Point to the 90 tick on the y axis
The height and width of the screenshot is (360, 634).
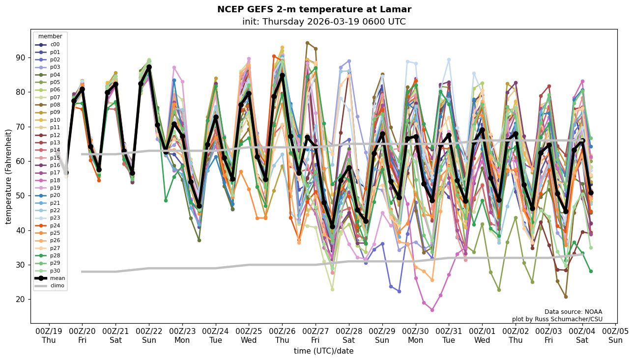[21, 57]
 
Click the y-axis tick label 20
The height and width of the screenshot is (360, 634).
[21, 299]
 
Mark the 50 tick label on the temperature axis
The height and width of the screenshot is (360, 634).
[21, 195]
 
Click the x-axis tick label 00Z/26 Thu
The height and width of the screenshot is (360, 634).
[282, 335]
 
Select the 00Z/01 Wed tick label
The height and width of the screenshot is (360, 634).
[482, 335]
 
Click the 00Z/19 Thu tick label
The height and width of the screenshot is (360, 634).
[49, 335]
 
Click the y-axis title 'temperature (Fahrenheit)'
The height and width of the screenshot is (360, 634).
[9, 176]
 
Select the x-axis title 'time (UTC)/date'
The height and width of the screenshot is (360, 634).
[323, 351]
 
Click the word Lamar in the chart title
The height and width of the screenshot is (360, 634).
[397, 9]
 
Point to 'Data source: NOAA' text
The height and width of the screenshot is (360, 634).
[573, 312]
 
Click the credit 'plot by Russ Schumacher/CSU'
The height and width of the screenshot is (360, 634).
[557, 319]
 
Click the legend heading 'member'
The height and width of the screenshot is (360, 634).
[50, 36]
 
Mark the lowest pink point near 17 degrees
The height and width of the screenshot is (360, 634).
[432, 310]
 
